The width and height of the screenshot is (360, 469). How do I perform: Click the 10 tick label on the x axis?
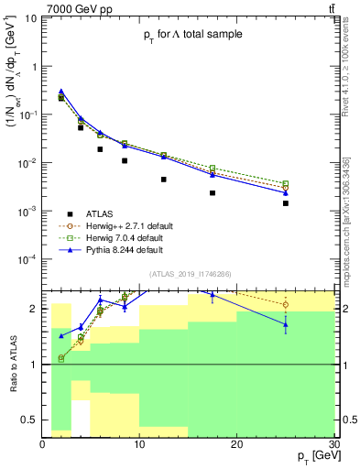[x=139, y=443]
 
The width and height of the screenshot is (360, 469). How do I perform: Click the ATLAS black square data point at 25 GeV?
[x=285, y=203]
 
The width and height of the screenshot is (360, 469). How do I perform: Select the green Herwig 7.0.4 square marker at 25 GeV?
[x=285, y=183]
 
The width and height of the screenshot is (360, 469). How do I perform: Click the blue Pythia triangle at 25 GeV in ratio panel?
[x=285, y=324]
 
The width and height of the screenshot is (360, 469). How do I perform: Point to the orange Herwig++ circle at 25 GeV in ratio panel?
[x=285, y=305]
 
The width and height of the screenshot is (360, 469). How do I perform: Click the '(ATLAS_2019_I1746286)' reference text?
[x=189, y=273]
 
